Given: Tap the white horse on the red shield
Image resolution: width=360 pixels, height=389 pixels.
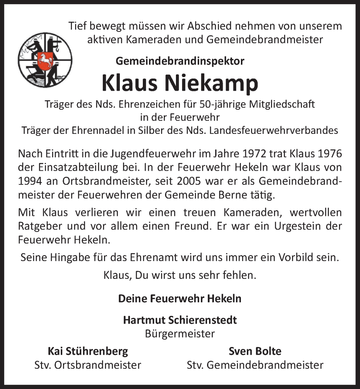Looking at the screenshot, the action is [45, 60].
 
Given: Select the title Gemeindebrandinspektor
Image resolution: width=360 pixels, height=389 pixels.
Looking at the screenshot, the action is [180, 61].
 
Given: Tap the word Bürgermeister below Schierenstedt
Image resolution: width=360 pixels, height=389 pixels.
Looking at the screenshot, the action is [180, 333].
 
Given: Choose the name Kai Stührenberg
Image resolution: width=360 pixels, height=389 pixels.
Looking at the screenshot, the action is [88, 351].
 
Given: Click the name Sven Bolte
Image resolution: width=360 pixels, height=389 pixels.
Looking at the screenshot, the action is [255, 351].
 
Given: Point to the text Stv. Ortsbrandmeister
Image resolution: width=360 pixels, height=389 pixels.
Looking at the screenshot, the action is [88, 365].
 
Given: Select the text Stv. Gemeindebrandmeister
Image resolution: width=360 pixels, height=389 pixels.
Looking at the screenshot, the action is [255, 365].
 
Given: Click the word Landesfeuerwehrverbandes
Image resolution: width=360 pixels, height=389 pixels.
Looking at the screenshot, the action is [274, 131].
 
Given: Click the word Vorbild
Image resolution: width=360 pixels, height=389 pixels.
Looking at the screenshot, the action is [295, 258].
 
